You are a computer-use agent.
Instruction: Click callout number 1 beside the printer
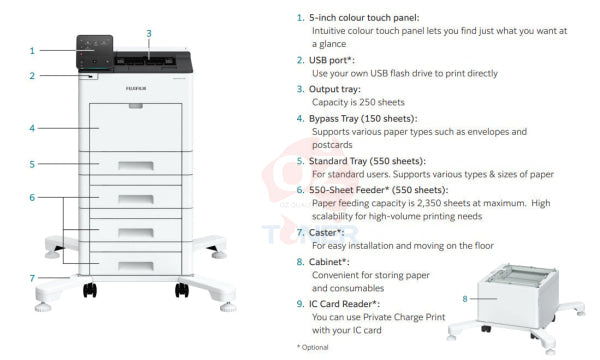coord(32,50)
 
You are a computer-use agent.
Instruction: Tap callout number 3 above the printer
coord(149,33)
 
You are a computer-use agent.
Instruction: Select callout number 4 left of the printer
coord(32,128)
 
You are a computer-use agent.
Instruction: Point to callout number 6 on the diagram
coord(32,197)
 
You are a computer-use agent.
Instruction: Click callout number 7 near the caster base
coord(32,277)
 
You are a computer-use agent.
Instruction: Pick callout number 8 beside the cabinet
coord(464,298)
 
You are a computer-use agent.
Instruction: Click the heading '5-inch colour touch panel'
coord(365,17)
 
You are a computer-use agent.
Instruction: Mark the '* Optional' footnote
coord(313,346)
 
